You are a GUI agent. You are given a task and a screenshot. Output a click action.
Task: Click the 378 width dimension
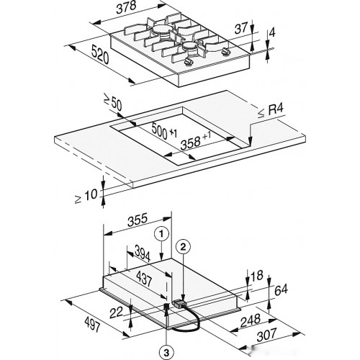(126, 8)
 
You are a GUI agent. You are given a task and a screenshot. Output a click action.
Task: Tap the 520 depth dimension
(100, 55)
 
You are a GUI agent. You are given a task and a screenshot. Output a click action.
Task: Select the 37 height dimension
(240, 29)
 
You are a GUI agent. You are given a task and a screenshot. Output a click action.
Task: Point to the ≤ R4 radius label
(271, 112)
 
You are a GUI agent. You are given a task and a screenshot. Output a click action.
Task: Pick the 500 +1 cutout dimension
(164, 132)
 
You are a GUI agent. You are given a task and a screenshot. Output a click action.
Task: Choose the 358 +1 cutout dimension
(196, 142)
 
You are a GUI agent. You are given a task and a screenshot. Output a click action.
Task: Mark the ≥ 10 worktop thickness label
(86, 197)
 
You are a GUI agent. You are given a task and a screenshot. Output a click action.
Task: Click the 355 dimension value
(138, 220)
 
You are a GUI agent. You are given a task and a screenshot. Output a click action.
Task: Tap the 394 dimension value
(143, 253)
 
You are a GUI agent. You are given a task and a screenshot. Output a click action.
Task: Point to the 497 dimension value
(92, 324)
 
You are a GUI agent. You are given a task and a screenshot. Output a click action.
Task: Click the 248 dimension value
(251, 320)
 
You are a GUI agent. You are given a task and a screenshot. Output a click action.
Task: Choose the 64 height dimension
(281, 290)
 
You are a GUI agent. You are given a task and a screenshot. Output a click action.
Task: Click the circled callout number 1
(162, 233)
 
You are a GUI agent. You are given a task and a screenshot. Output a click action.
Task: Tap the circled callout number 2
(183, 247)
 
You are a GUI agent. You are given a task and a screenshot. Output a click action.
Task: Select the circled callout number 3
(166, 353)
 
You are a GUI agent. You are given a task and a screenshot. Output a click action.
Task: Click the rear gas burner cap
(162, 30)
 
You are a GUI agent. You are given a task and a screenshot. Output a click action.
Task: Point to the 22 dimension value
(116, 313)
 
